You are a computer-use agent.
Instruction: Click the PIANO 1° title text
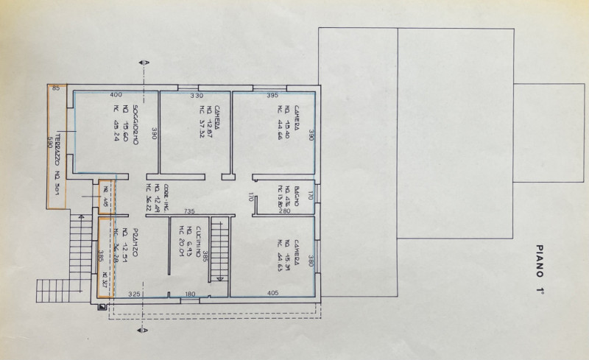tap(540, 270)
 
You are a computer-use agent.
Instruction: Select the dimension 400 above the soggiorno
tap(116, 96)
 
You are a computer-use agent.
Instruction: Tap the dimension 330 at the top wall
tap(197, 96)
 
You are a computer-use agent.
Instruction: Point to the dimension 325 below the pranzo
tap(134, 294)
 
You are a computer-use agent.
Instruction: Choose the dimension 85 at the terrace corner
tap(55, 88)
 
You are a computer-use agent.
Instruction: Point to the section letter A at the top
tap(147, 65)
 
